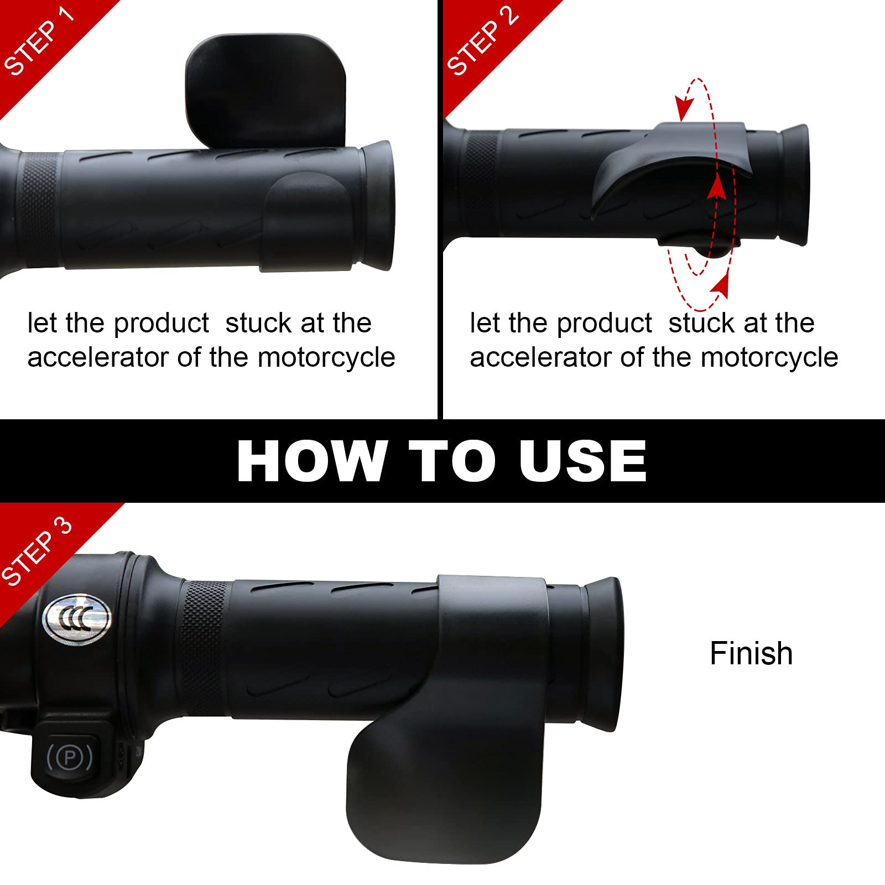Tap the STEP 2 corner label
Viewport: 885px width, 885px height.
click(x=482, y=42)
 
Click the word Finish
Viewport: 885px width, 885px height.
click(x=751, y=653)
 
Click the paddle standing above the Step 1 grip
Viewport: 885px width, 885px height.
click(x=265, y=88)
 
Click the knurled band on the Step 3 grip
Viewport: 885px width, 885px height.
click(x=204, y=647)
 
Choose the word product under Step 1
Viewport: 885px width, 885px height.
click(x=161, y=324)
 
